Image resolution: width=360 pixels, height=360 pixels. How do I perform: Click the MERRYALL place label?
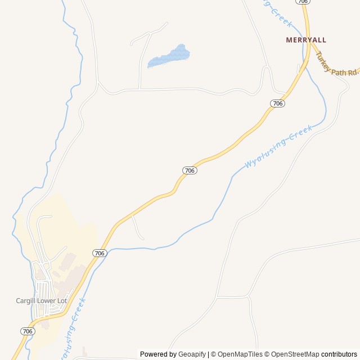point(306,40)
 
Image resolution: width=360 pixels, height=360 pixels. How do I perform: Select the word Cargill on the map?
point(26,301)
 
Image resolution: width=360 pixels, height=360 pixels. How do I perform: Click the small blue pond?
point(169,56)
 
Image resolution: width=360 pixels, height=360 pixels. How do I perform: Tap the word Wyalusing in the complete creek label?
point(264,153)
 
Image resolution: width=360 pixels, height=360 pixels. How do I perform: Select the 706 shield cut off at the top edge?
point(303,2)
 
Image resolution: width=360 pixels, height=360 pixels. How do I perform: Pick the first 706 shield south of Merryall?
point(277,103)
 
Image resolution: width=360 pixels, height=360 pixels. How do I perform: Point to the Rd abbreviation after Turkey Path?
point(352,73)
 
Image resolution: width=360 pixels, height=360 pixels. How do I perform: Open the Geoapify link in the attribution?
point(192,354)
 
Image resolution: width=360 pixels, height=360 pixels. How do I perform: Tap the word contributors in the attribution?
point(339,354)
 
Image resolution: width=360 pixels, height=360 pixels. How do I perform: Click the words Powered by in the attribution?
point(158,354)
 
